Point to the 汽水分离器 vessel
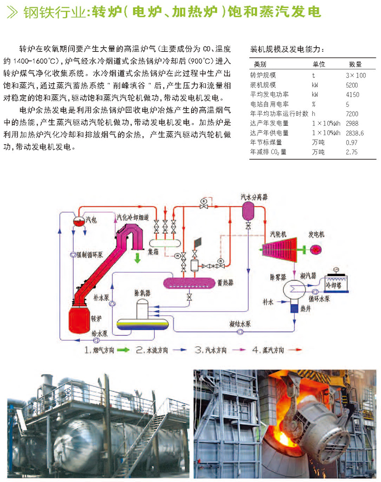248,209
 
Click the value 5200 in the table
351,85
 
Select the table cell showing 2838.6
354,133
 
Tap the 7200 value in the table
351,114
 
